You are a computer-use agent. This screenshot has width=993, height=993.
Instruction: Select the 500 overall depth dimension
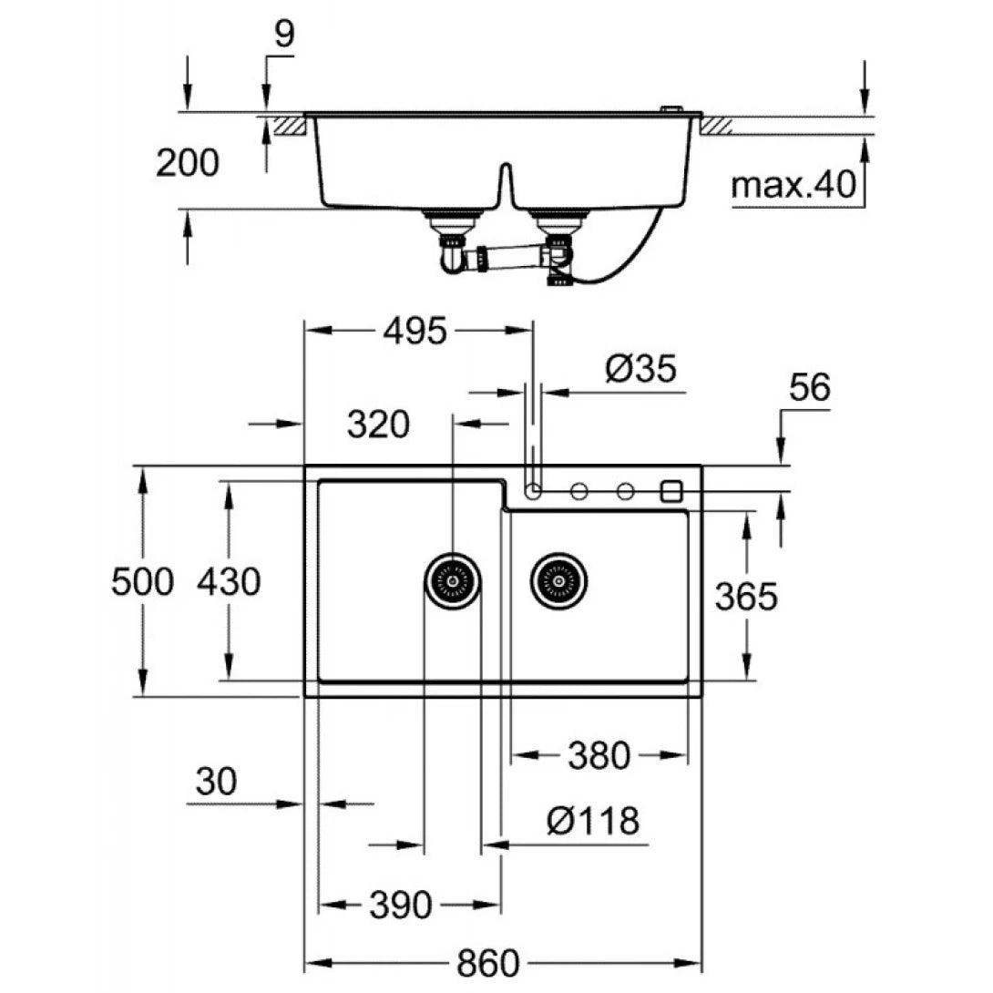(x=141, y=581)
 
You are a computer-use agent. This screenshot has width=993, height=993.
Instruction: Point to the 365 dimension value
(x=745, y=598)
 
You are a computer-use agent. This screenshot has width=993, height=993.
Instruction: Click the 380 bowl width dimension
(x=599, y=755)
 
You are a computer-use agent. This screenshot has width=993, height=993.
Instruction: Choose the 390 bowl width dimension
(x=400, y=906)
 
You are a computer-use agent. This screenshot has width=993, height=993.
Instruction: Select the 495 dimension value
(x=415, y=332)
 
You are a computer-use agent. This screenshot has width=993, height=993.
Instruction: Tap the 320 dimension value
(x=378, y=424)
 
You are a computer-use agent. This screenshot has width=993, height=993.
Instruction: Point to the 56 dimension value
(x=809, y=388)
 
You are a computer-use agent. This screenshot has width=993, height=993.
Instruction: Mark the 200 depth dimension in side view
(x=187, y=164)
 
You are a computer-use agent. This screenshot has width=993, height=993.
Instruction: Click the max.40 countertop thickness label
(x=794, y=186)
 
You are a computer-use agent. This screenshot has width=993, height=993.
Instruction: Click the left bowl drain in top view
(x=452, y=579)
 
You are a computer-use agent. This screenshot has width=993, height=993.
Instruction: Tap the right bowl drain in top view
(x=558, y=579)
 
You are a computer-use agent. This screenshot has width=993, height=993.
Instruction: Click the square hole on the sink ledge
(x=671, y=491)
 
